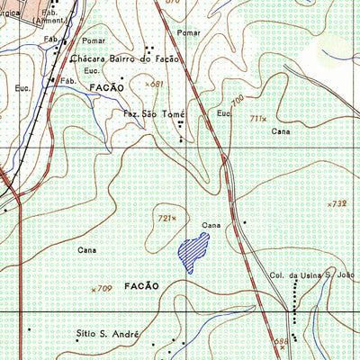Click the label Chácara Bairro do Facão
(125, 58)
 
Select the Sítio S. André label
(108, 334)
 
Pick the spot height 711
(258, 118)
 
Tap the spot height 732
(338, 204)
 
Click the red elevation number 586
(281, 341)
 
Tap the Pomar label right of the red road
(187, 32)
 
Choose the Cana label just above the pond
(211, 225)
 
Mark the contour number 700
(238, 100)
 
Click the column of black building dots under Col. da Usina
(298, 295)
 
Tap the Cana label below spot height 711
(280, 131)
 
